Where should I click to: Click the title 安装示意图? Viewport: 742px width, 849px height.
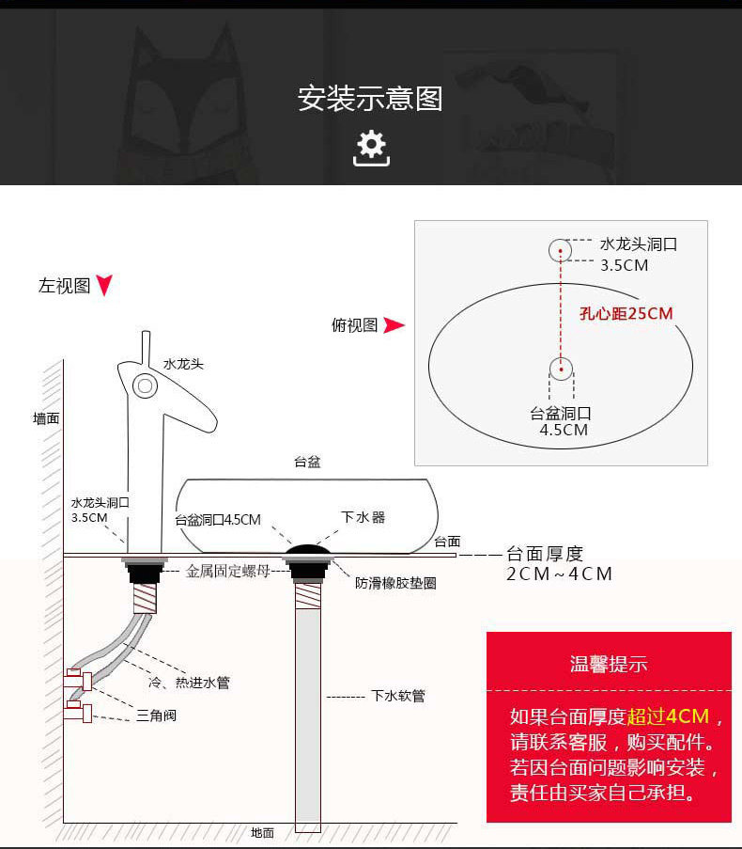pos(370,99)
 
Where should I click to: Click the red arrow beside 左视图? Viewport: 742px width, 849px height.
pos(104,286)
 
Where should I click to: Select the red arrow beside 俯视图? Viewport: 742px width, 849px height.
pos(394,325)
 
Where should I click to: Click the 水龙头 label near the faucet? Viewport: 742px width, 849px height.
pos(183,364)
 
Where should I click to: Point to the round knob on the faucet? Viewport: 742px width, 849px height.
pos(145,385)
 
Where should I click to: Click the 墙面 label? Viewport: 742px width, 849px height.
pos(46,418)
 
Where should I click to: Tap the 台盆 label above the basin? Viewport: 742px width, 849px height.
pos(307,462)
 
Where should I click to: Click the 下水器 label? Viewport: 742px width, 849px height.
pos(363,517)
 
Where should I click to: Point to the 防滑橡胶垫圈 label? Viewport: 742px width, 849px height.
pos(395,583)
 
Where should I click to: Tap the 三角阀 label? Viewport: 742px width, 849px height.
pos(156,715)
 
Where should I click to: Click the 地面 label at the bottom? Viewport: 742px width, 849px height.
pos(262,832)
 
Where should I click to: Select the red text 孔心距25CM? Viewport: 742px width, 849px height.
pos(626,313)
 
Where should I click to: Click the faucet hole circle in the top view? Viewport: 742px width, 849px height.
pos(560,250)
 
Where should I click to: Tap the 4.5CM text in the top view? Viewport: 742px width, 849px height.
pos(564,430)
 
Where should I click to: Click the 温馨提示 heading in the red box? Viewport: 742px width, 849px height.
pos(609,665)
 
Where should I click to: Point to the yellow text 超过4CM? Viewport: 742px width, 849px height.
pos(668,716)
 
